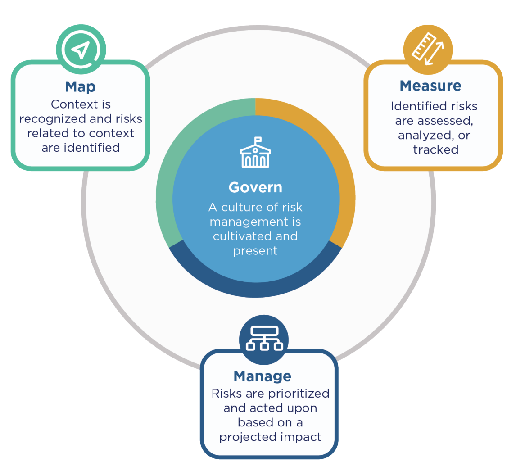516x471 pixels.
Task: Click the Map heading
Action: click(x=80, y=86)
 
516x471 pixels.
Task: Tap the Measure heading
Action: click(x=430, y=86)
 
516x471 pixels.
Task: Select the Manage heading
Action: click(x=262, y=376)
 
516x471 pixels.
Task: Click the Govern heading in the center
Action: click(x=255, y=187)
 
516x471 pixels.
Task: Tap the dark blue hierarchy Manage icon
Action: click(x=264, y=339)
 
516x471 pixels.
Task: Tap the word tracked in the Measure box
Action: click(x=435, y=150)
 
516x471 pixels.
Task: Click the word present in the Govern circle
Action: click(x=255, y=251)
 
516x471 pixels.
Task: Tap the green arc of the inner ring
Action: click(x=171, y=171)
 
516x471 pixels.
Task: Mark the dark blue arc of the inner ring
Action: click(x=255, y=288)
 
